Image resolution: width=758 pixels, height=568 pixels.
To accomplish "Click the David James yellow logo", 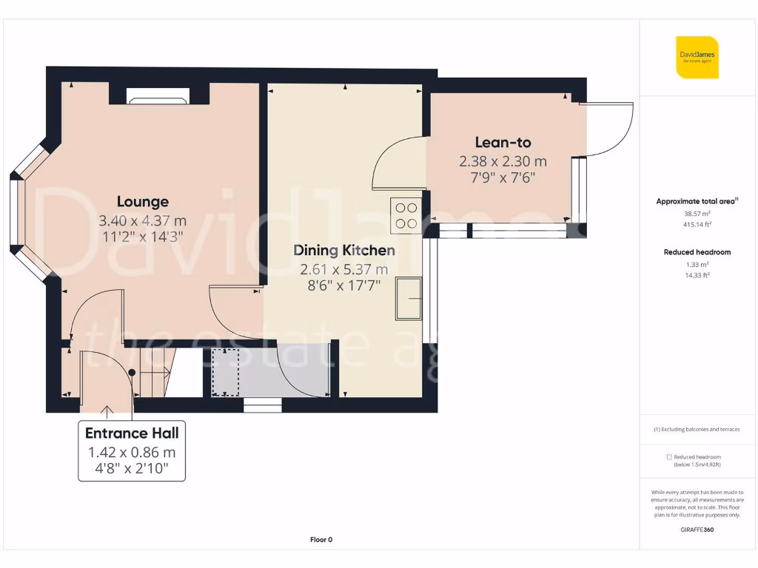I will (697, 57).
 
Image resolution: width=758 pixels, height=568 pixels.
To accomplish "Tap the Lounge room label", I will (142, 201).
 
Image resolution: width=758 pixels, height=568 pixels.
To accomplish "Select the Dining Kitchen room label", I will (344, 250).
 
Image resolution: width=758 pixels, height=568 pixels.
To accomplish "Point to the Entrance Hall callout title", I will (132, 433).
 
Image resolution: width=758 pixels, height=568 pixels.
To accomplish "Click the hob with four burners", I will (406, 215).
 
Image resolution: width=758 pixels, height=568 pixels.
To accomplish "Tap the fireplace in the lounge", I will (158, 95).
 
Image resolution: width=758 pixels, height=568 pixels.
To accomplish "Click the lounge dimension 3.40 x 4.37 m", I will (142, 220).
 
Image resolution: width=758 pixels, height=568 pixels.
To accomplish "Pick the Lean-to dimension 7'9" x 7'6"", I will (503, 177).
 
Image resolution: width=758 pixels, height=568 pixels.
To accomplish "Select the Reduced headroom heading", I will (697, 252).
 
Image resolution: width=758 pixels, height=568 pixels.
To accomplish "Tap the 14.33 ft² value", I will (697, 274).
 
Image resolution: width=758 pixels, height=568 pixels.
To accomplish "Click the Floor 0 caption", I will (321, 539).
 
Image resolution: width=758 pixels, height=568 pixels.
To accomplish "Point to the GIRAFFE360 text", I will (697, 530).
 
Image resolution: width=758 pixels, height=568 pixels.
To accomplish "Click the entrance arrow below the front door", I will (108, 411).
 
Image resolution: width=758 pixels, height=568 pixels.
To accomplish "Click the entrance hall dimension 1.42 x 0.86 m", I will (132, 452).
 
